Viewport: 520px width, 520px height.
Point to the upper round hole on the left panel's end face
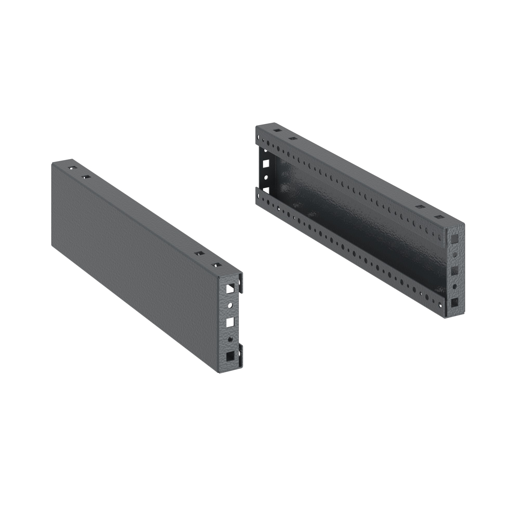pyautogui.click(x=230, y=305)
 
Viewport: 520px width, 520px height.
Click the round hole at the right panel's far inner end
pyautogui.click(x=266, y=178)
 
